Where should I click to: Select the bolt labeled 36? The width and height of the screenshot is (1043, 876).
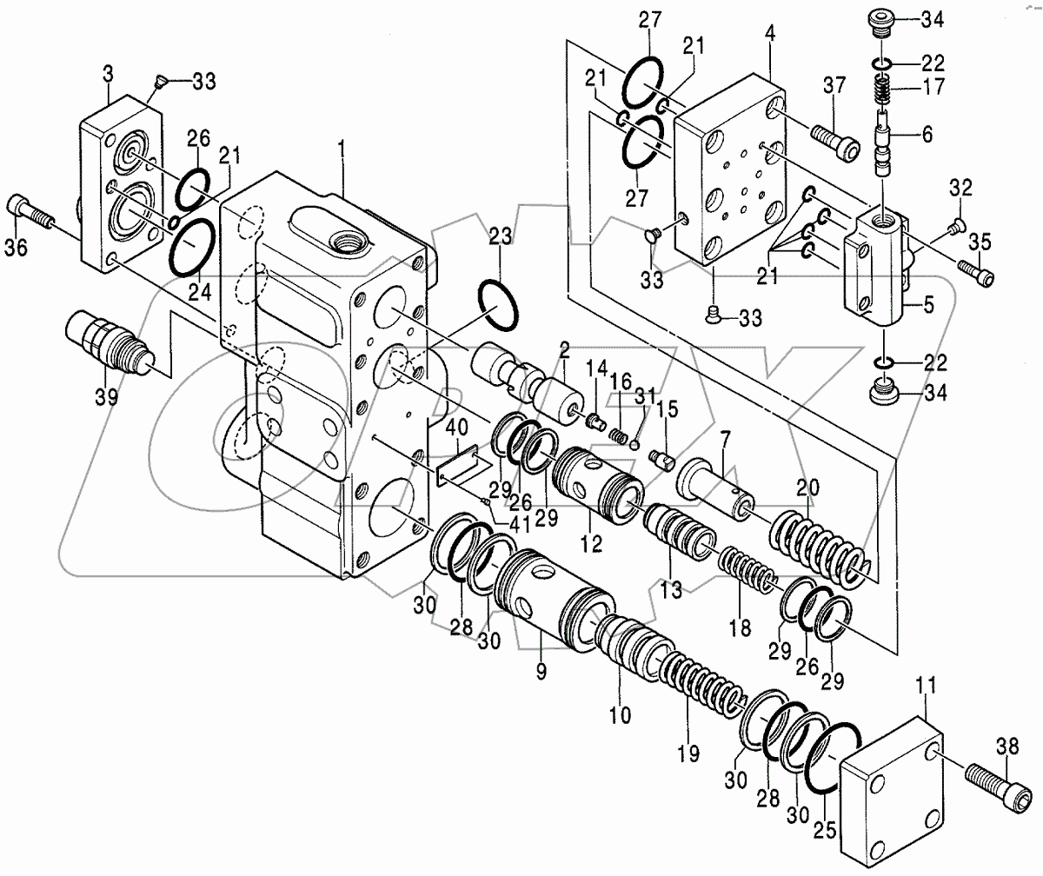30,212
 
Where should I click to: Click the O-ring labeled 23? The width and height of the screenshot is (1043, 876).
500,305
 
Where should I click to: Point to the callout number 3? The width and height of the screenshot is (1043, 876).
107,74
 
